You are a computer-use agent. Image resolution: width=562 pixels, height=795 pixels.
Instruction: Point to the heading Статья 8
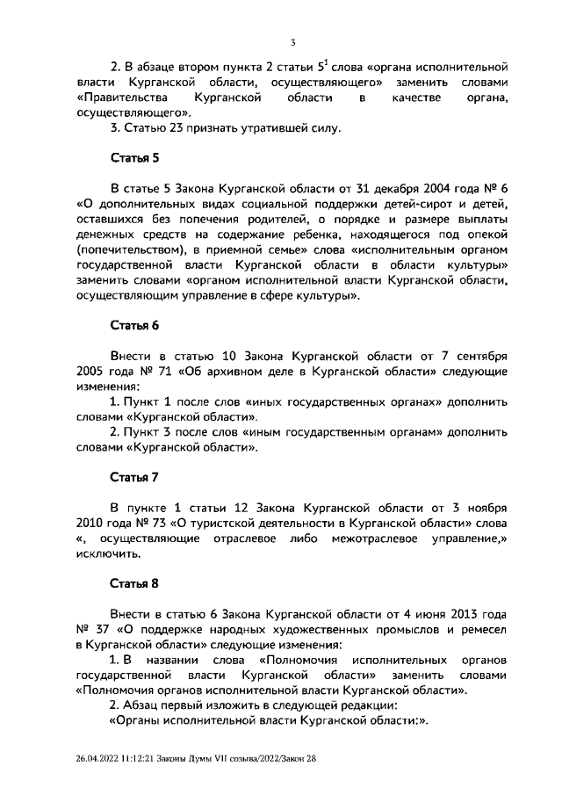133,582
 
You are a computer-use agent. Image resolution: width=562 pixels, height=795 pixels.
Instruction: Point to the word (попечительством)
126,250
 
